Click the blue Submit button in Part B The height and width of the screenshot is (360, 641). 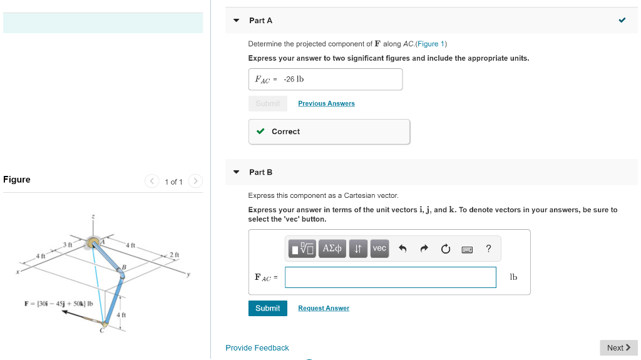click(267, 308)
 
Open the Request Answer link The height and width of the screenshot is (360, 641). click(324, 308)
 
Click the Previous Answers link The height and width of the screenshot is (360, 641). click(326, 103)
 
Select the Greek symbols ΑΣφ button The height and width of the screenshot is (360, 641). click(332, 249)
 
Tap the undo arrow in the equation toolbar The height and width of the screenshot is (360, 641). click(403, 249)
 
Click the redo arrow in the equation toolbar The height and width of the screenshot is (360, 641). click(424, 249)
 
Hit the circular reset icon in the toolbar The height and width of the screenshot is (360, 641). click(445, 249)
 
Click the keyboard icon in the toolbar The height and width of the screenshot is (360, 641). click(467, 249)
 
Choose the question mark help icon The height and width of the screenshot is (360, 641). click(488, 249)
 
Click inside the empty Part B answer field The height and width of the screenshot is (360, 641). click(390, 277)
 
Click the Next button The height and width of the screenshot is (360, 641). click(618, 347)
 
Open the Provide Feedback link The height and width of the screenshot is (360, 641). click(257, 348)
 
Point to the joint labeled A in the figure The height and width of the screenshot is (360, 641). click(94, 242)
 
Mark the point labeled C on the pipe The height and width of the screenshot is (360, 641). click(105, 324)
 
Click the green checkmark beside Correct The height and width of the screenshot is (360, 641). click(260, 131)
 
